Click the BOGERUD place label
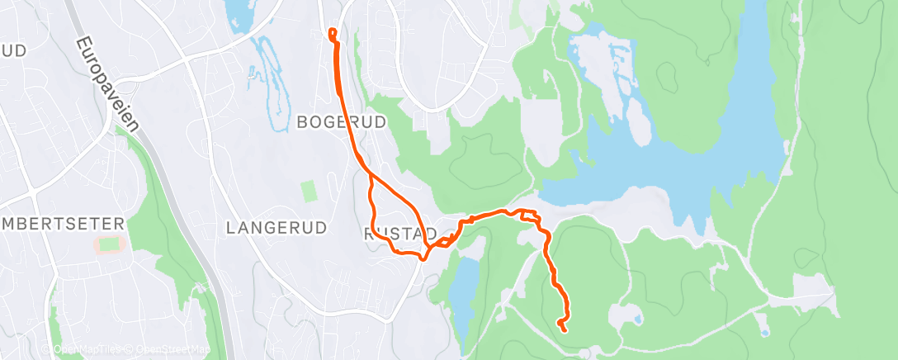[341, 123]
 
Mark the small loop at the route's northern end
[333, 34]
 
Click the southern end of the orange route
[564, 329]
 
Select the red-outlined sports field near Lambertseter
[107, 244]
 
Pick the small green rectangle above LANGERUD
[309, 192]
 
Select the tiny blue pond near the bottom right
[638, 318]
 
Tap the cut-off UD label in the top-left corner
[14, 51]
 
